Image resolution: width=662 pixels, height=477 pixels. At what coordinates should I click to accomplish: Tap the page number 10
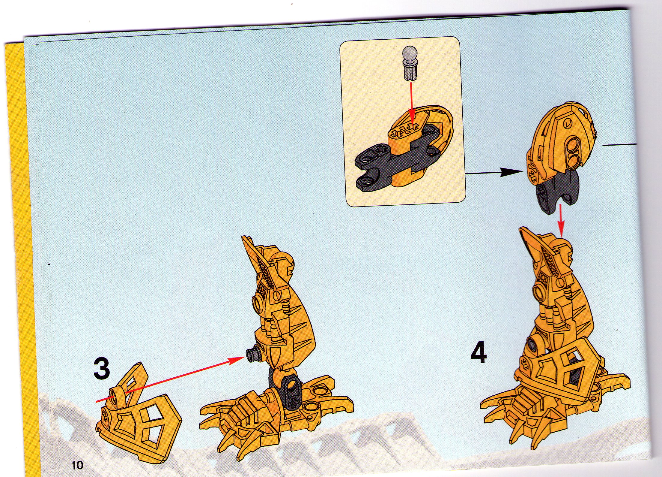(x=77, y=465)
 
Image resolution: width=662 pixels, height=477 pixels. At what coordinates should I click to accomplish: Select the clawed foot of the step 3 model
(x=276, y=414)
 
